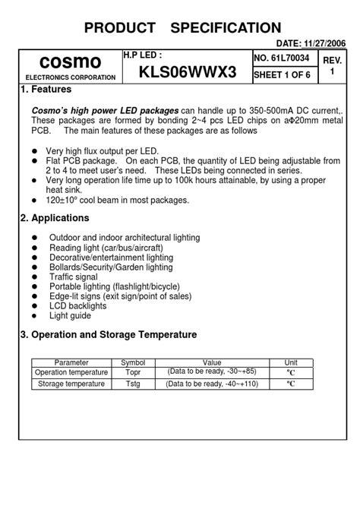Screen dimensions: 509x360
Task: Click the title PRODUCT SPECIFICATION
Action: tap(182, 28)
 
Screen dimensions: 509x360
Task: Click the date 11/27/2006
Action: tap(322, 44)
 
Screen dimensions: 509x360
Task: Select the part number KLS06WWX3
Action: tap(188, 73)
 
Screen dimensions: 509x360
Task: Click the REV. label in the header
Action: tap(332, 60)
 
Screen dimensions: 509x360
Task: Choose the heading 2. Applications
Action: tap(55, 218)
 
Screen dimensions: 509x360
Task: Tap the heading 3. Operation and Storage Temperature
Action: tap(109, 334)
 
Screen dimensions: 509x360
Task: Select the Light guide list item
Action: tap(70, 315)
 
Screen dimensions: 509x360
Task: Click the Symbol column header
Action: tap(133, 362)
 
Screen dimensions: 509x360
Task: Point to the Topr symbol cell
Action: tap(133, 372)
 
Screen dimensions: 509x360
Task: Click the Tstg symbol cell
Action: tap(133, 384)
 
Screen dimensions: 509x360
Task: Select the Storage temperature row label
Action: tap(71, 384)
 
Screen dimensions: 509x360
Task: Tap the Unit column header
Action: tap(291, 362)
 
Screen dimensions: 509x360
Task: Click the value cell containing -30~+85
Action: tap(212, 372)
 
